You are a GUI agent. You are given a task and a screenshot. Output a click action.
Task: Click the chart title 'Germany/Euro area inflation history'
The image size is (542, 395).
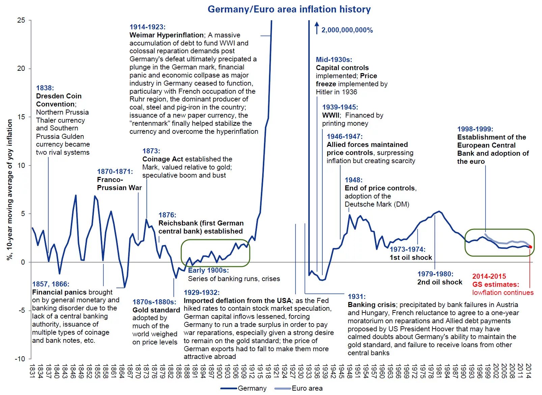(289, 9)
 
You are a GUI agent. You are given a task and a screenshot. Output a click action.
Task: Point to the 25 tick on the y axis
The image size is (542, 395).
(21, 20)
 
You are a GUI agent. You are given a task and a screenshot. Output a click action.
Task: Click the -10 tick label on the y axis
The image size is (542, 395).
(20, 359)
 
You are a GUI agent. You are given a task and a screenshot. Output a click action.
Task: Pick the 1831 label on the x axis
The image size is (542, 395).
(32, 371)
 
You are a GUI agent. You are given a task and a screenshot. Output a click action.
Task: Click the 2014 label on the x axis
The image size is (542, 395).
(529, 371)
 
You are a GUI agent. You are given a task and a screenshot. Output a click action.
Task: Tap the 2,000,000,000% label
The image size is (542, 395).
(347, 30)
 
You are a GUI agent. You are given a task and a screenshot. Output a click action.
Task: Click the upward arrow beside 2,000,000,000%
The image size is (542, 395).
(317, 28)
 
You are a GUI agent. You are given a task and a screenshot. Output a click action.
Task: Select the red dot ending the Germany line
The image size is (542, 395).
(530, 247)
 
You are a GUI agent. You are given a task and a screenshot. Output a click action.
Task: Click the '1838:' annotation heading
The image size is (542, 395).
(45, 88)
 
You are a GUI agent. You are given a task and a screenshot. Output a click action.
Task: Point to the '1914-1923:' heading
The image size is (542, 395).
(147, 27)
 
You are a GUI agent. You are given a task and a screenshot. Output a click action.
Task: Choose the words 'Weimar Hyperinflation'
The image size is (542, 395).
(166, 35)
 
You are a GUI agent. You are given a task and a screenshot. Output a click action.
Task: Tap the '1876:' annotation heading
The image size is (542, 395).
(167, 215)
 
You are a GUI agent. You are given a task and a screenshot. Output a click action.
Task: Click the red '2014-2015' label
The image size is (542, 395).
(489, 276)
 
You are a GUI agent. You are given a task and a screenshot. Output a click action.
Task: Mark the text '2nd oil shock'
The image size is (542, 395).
(440, 282)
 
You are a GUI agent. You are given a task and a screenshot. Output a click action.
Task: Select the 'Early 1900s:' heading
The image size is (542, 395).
(208, 270)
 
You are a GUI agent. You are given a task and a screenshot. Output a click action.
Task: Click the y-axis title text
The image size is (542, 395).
(10, 190)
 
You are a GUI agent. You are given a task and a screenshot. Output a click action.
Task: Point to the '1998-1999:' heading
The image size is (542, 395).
(475, 129)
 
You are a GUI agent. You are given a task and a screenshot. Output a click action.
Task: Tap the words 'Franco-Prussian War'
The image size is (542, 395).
(119, 184)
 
